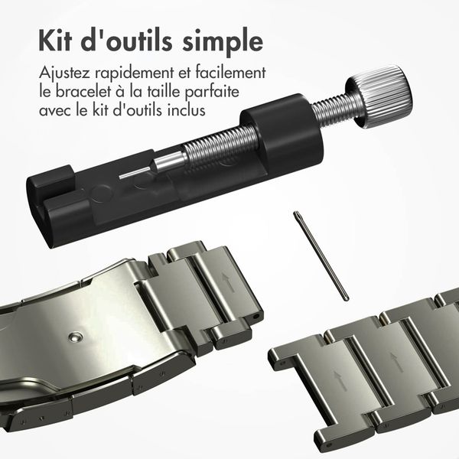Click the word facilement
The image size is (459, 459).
coord(229,74)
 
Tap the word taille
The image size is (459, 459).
coord(174,93)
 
